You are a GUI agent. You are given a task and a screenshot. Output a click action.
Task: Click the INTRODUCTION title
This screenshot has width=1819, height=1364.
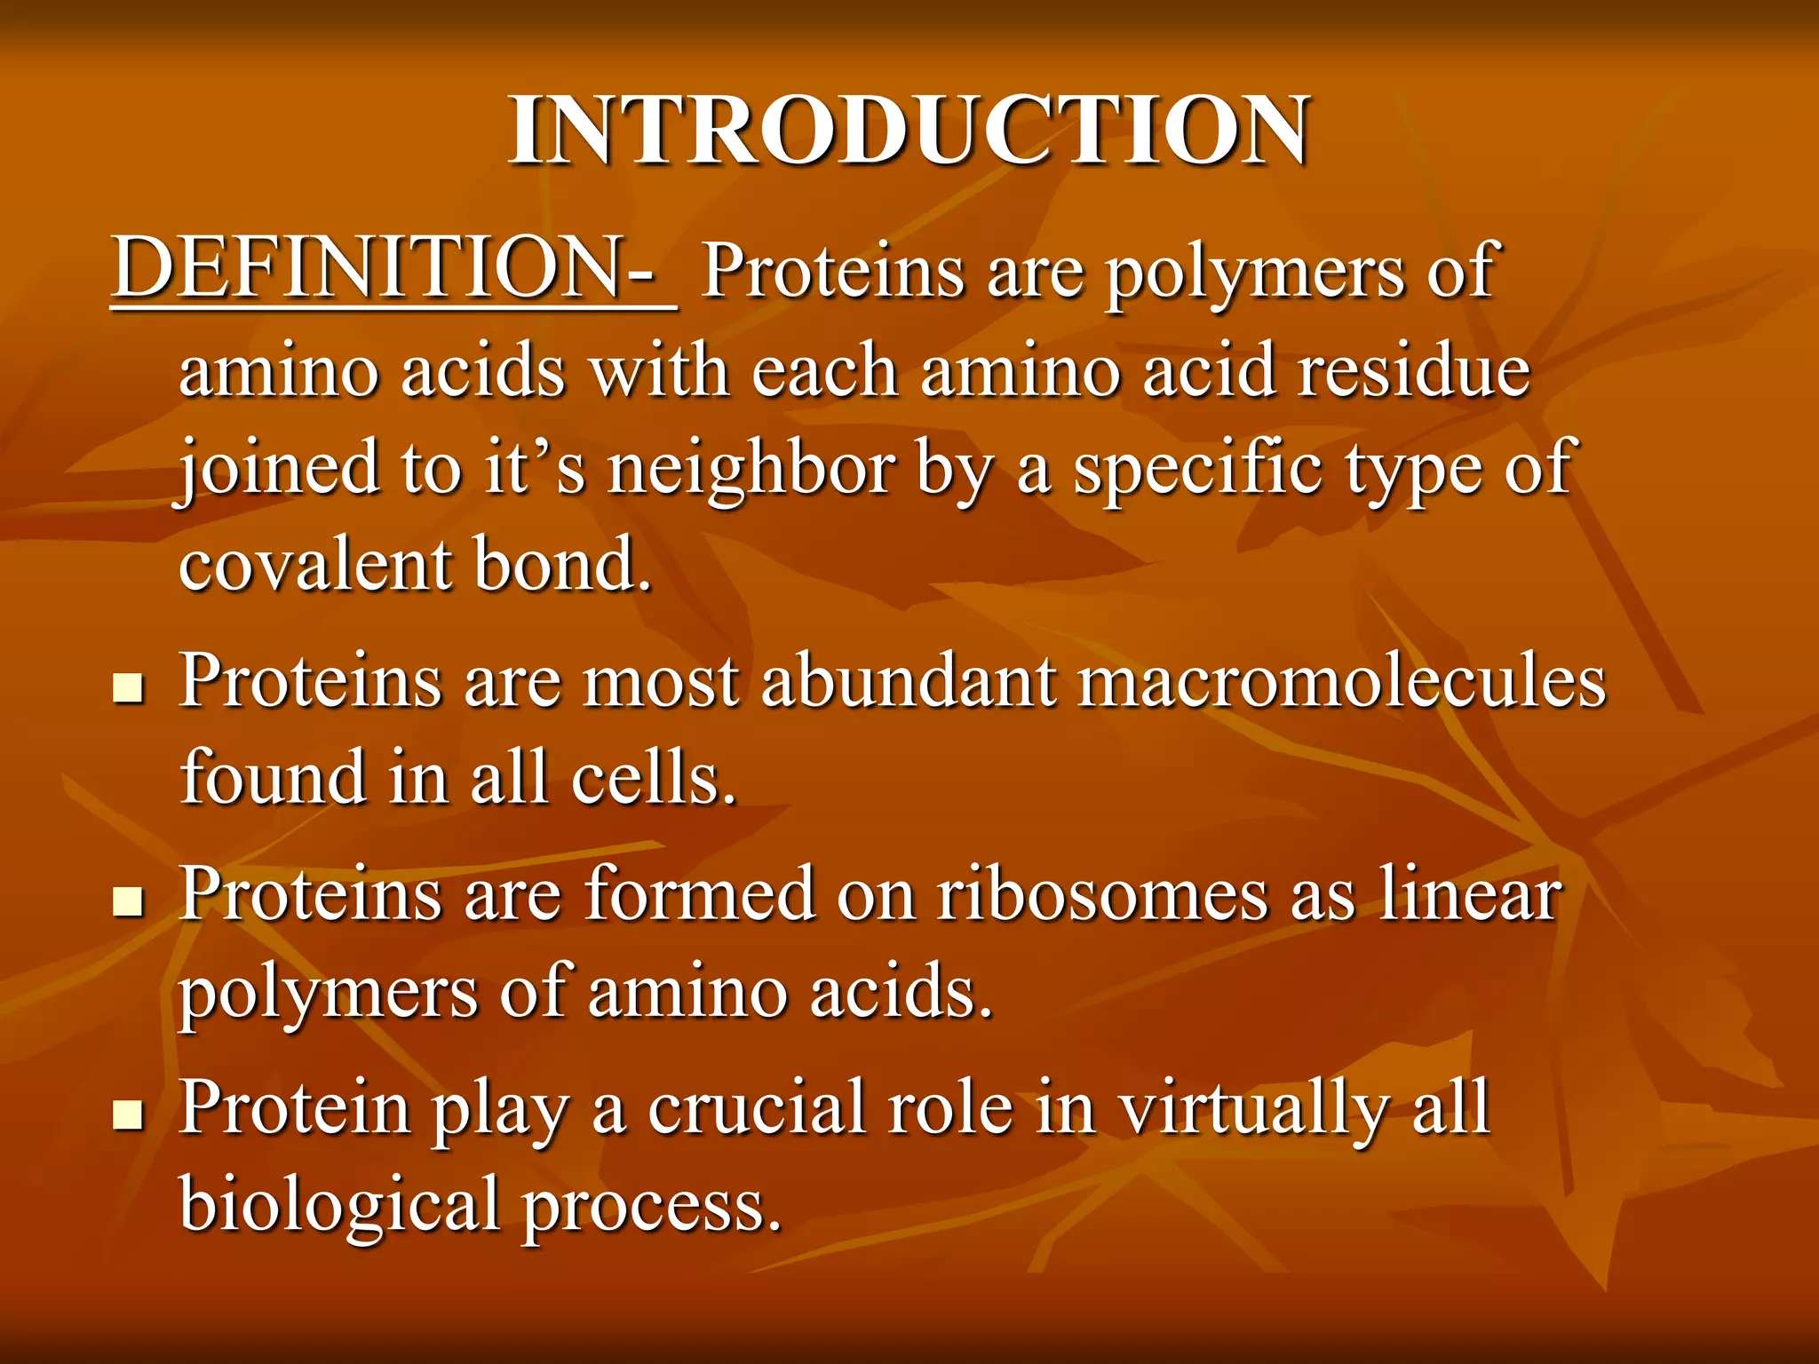pyautogui.click(x=908, y=131)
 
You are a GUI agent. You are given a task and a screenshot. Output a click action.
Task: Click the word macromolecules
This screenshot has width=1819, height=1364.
pyautogui.click(x=1341, y=682)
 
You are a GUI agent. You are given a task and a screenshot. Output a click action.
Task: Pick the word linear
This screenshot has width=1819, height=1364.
pyautogui.click(x=1470, y=895)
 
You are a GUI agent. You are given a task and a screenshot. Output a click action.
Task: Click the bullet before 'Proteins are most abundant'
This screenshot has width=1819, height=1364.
pyautogui.click(x=130, y=688)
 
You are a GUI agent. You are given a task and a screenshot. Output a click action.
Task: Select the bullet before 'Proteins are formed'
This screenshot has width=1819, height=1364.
pyautogui.click(x=130, y=901)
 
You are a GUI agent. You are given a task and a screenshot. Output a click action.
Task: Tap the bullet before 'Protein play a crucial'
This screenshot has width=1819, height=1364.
pyautogui.click(x=130, y=1114)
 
